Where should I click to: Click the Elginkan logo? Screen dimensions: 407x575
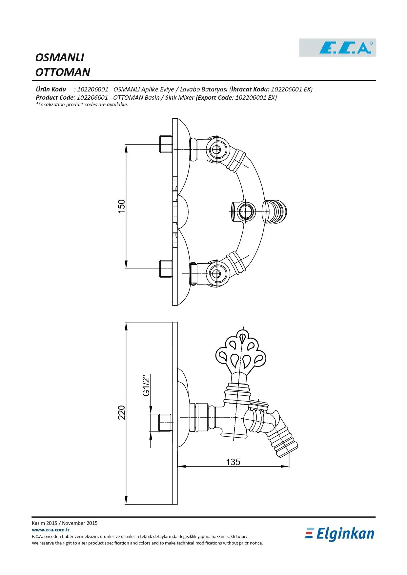click(x=340, y=534)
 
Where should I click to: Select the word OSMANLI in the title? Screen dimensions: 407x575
click(x=60, y=57)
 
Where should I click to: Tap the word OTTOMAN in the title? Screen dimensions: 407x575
click(x=63, y=72)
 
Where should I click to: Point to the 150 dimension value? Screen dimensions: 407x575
click(x=121, y=206)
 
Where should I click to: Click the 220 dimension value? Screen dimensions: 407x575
click(x=121, y=412)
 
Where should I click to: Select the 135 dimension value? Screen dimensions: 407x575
click(x=233, y=462)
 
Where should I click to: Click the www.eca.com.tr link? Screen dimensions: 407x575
click(x=51, y=529)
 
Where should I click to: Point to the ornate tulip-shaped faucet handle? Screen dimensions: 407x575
click(x=241, y=354)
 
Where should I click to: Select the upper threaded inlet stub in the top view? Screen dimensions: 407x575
click(x=166, y=144)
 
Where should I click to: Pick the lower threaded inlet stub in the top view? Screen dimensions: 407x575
click(x=166, y=269)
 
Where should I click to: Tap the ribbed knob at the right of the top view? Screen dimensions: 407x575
click(x=275, y=211)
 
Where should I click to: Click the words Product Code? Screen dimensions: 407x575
click(x=54, y=97)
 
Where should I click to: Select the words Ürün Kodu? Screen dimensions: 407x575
click(x=51, y=89)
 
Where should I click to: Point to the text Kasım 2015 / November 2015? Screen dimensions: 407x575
click(x=65, y=523)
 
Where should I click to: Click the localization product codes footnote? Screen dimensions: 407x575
click(x=82, y=105)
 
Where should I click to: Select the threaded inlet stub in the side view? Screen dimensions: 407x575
click(x=165, y=423)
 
